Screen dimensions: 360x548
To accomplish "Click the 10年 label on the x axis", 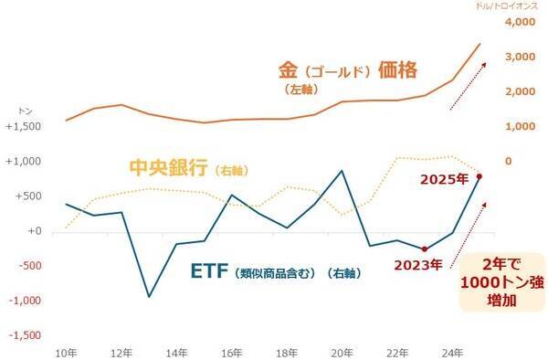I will [67, 350].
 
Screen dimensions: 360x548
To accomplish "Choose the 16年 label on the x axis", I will [231, 350].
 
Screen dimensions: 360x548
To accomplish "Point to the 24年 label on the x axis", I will [452, 350].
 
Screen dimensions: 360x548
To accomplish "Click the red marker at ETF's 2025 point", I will [479, 176].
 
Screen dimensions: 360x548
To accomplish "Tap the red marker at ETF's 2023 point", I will [425, 249].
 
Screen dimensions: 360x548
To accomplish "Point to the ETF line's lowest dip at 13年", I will [149, 296].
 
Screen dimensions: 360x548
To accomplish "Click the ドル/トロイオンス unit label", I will [510, 6].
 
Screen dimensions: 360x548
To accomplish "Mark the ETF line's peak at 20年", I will [342, 171].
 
